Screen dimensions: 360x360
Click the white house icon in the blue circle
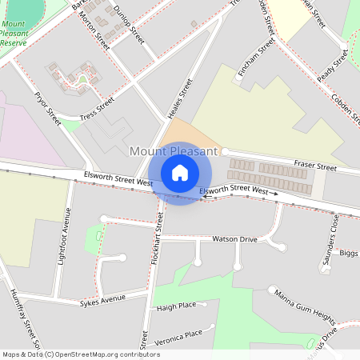point(180,172)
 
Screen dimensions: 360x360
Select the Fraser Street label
point(315,166)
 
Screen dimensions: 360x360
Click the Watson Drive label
point(234,239)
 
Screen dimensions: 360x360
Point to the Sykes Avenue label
point(103,302)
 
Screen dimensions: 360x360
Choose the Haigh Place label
point(177,306)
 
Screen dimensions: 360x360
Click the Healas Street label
point(180,99)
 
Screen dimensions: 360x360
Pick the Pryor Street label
point(48,109)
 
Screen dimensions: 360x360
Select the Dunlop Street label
point(128,27)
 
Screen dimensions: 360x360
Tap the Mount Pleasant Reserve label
point(14,34)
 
